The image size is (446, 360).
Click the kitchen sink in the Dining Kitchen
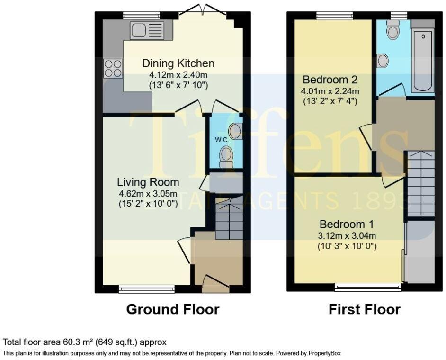coord(147,31)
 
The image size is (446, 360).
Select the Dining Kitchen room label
coord(178,63)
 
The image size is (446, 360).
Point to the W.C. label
coord(222,139)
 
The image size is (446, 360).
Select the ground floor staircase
coord(229,218)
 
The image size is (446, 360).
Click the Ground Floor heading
coord(173,309)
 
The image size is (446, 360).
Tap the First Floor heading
coord(365,309)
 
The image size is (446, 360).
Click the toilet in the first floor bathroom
coord(393,31)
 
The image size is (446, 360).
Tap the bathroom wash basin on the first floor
coord(383,61)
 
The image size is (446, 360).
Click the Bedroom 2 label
coord(330,80)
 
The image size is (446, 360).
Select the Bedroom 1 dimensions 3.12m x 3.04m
coord(348,235)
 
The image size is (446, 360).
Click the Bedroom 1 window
coord(368,287)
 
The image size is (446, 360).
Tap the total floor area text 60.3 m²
coord(85,342)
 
